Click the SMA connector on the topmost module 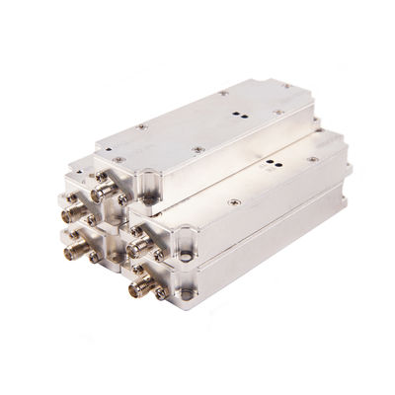[x=100, y=194]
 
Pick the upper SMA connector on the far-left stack [x=72, y=212]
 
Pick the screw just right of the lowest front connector [x=160, y=293]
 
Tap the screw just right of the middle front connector [x=158, y=253]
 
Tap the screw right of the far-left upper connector [x=91, y=219]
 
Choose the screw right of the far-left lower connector [x=93, y=257]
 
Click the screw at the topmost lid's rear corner [x=223, y=93]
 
